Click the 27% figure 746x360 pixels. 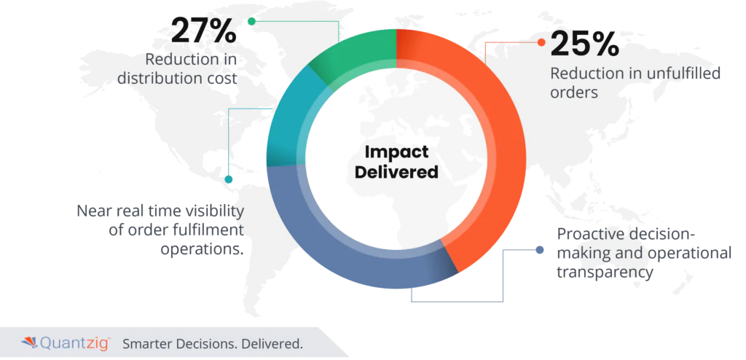(x=203, y=31)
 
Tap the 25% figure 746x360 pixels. (x=585, y=45)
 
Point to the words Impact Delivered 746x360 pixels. (x=396, y=162)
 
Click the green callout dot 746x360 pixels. (x=251, y=21)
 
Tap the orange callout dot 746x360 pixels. (x=541, y=42)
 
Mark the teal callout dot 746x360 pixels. (x=228, y=179)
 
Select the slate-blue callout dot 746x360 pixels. (x=540, y=250)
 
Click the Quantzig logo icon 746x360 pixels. (x=29, y=343)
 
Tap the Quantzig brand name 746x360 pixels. (x=75, y=343)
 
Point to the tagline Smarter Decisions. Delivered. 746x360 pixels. (x=213, y=344)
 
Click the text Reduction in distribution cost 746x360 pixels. (x=177, y=69)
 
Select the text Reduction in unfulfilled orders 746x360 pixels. (x=635, y=82)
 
